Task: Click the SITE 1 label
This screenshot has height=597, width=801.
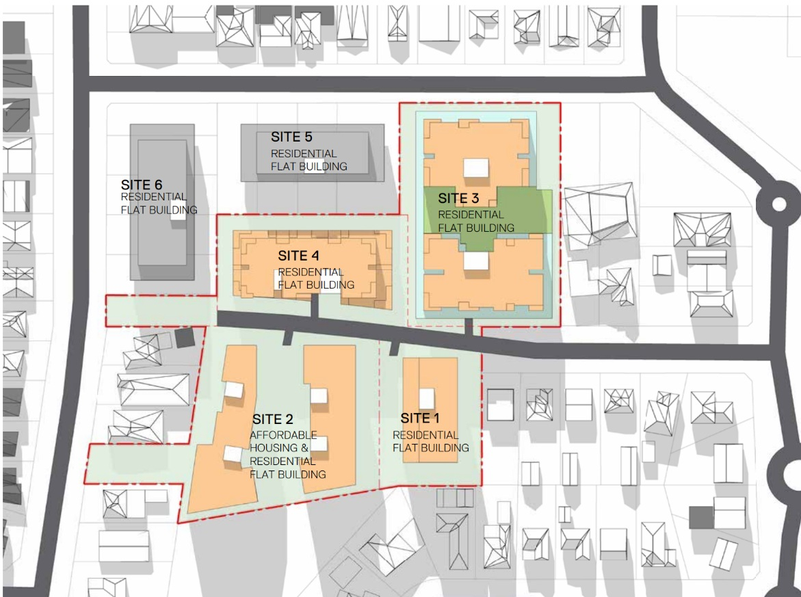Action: click(x=420, y=419)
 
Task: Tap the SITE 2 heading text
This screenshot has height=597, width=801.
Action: click(x=273, y=419)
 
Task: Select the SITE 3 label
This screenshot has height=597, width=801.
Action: click(x=458, y=198)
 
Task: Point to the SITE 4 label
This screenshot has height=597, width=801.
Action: click(x=298, y=255)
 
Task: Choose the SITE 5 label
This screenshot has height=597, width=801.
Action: click(x=291, y=137)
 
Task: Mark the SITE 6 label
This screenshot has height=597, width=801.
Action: click(x=142, y=185)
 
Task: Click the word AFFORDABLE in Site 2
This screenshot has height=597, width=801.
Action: click(x=283, y=435)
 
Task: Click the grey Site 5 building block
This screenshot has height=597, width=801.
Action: click(x=313, y=152)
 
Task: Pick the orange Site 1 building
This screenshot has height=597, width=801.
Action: click(x=430, y=410)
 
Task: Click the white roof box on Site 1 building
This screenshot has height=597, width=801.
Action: click(x=427, y=398)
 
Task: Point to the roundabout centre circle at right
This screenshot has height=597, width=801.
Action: click(x=779, y=204)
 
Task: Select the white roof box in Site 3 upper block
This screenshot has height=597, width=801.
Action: click(x=476, y=168)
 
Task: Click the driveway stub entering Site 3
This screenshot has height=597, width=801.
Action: click(x=469, y=328)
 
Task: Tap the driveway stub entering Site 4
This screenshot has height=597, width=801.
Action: click(x=315, y=306)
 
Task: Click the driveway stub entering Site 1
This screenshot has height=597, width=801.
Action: click(x=394, y=347)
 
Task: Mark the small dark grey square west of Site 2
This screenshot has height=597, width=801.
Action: click(x=185, y=338)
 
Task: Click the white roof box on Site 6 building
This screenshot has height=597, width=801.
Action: click(x=178, y=211)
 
